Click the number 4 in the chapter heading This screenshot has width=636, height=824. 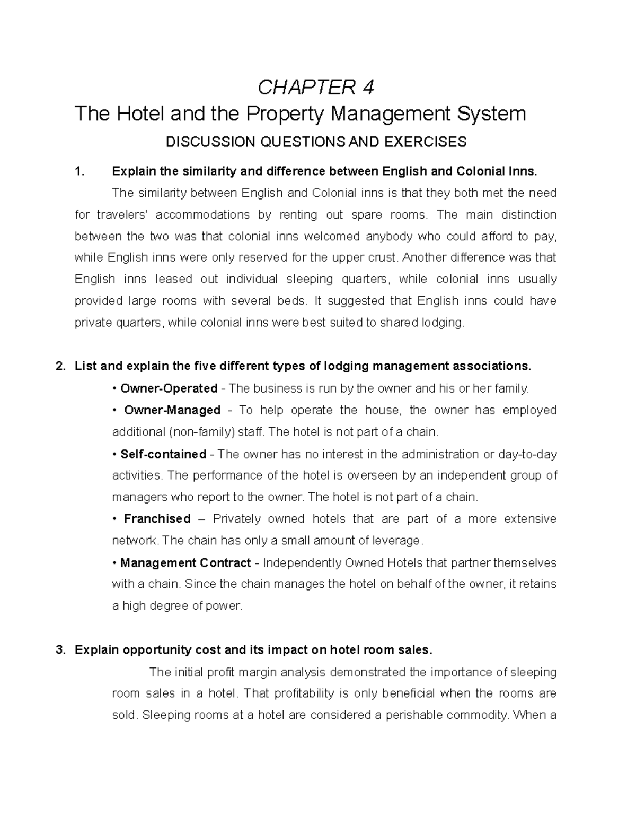point(368,87)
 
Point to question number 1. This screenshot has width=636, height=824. point(79,171)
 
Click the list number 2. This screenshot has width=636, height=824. point(60,366)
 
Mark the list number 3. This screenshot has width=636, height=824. point(60,650)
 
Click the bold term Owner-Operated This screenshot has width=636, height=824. point(169,388)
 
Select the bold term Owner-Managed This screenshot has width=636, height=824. point(172,410)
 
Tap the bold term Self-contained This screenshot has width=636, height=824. point(163,454)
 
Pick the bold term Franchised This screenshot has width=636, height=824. point(157,518)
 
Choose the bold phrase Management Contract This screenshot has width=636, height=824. point(185,562)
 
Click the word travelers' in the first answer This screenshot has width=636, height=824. point(122,214)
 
